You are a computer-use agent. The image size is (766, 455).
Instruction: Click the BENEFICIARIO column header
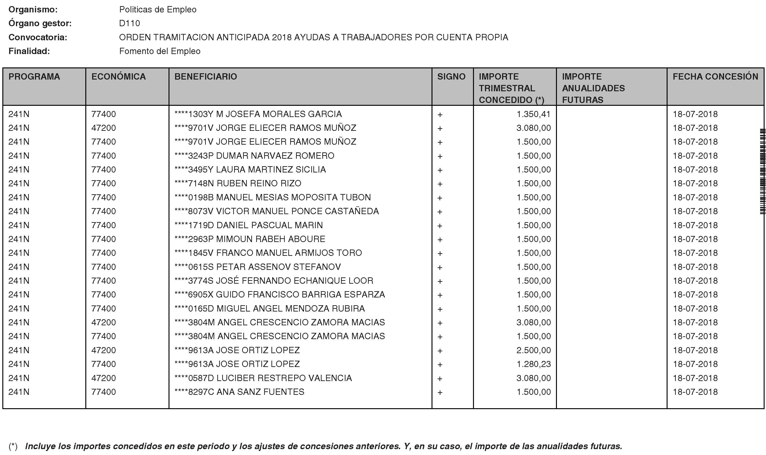[x=206, y=77]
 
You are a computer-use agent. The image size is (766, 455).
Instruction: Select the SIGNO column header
[x=451, y=77]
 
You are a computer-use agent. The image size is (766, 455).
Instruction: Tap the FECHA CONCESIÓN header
[x=715, y=77]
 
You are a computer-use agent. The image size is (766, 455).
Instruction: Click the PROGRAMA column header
[x=34, y=77]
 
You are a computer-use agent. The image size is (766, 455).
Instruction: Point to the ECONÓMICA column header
[x=119, y=77]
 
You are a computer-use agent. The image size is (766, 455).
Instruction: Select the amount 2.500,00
[x=533, y=350]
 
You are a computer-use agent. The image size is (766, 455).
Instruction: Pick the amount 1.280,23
[x=533, y=364]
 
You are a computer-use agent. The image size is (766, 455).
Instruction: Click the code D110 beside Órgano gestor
[x=130, y=23]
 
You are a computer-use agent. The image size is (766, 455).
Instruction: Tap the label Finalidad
[x=29, y=51]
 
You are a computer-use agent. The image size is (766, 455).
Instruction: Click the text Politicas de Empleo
[x=158, y=10]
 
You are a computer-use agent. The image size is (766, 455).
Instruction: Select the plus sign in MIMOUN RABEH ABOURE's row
[x=440, y=239]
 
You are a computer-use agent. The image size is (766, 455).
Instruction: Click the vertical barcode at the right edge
[x=762, y=172]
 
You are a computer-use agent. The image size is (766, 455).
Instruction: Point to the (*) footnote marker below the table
[x=13, y=446]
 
